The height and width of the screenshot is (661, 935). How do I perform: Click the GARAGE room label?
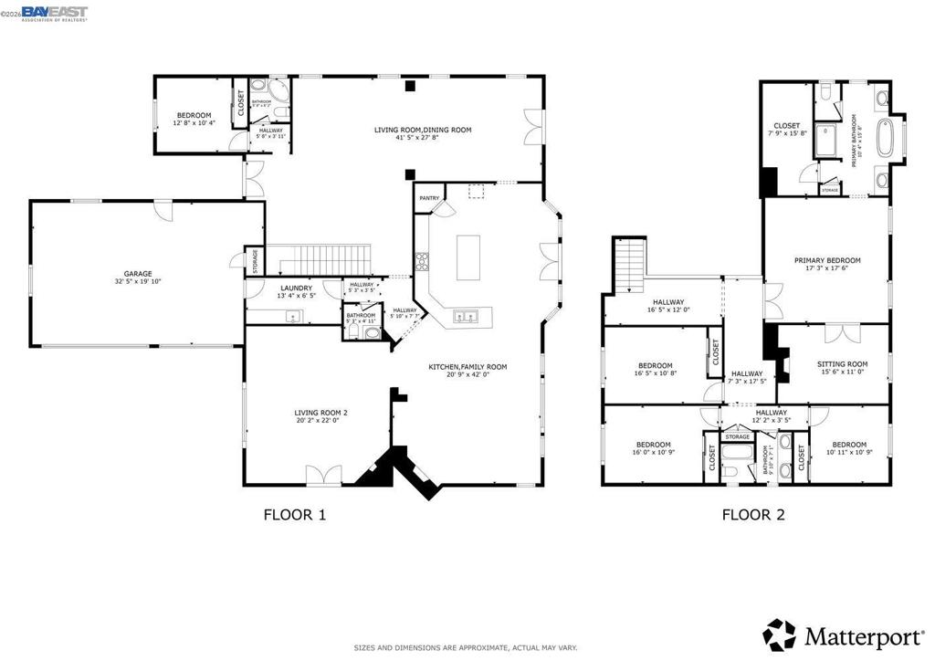139,273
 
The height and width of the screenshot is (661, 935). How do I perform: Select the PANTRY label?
429,198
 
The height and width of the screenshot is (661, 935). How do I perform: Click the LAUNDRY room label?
296,289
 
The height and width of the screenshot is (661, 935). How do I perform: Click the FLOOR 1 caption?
294,515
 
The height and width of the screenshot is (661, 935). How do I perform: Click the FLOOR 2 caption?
752,515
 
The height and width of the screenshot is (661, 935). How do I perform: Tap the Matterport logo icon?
779,634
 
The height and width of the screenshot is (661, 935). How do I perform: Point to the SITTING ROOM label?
842,364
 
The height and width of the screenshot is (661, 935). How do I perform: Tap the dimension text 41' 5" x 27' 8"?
423,140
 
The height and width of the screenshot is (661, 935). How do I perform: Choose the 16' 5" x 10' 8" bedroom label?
655,366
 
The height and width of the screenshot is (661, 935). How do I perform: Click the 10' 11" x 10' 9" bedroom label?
849,445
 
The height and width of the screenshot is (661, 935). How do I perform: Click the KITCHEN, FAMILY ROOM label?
467,367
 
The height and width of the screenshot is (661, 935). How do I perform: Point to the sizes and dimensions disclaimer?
466,647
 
